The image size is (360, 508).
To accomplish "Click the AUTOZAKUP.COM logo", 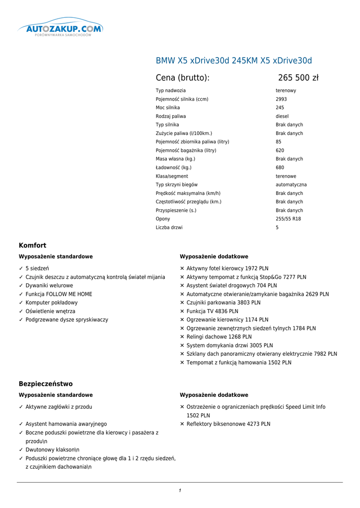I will (x=61, y=29).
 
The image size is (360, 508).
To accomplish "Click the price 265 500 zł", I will (x=298, y=78).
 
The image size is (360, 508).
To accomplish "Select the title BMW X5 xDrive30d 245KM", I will (x=234, y=61).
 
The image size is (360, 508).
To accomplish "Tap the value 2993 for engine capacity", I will (x=281, y=99).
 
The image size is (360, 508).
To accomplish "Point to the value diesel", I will (x=282, y=116).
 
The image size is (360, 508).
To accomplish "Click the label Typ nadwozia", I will (x=171, y=91).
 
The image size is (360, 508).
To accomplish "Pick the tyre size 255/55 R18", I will (x=288, y=219).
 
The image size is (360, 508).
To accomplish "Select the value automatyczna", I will (x=291, y=185).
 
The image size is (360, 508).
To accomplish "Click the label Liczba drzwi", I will (x=169, y=228).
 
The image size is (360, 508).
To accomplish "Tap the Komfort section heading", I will (x=32, y=246).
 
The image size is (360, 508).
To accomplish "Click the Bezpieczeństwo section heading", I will (x=46, y=384).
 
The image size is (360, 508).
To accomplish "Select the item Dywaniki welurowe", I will (x=49, y=286).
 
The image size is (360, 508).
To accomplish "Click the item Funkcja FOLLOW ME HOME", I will (x=59, y=294).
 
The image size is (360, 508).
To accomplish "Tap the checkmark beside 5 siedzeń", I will (x=21, y=268).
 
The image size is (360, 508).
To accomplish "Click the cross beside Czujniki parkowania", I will (x=182, y=303).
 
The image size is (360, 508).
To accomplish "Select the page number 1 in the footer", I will (x=180, y=491).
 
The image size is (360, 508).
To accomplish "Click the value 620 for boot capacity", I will (x=280, y=150).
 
